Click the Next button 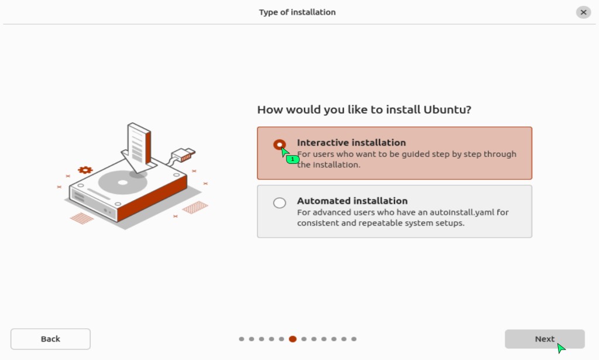click(545, 339)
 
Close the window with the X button click(583, 12)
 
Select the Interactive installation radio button click(279, 145)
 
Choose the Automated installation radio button click(279, 203)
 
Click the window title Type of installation click(297, 12)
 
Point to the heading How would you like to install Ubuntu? click(364, 109)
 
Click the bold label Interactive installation click(352, 143)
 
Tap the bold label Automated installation click(352, 201)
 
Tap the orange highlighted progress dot click(292, 339)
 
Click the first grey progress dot click(242, 339)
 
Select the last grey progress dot click(354, 339)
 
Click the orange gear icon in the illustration click(85, 170)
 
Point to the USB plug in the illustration click(183, 155)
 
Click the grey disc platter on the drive click(122, 182)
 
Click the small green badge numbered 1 click(292, 159)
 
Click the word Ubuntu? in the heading click(447, 109)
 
